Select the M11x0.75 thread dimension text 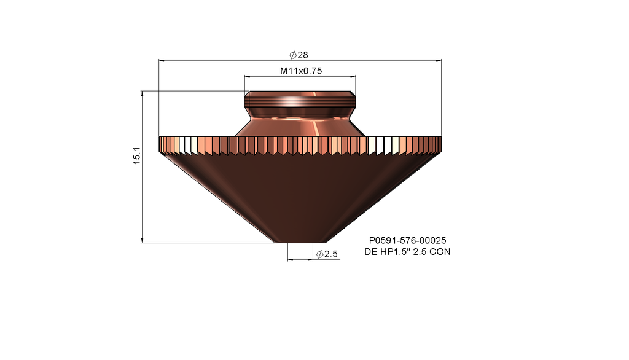pos(301,71)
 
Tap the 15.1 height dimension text pos(138,155)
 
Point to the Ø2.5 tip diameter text pos(327,254)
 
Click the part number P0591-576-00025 pos(407,241)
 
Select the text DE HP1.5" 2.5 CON pos(407,252)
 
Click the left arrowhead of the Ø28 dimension pos(162,60)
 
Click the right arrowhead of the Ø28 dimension pos(439,60)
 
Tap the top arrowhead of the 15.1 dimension pos(142,94)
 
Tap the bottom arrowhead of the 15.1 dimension pos(142,240)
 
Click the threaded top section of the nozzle pos(300,99)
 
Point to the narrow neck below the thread pos(300,112)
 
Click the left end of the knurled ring pos(162,144)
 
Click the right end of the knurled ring pos(439,144)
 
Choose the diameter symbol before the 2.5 pos(319,254)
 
